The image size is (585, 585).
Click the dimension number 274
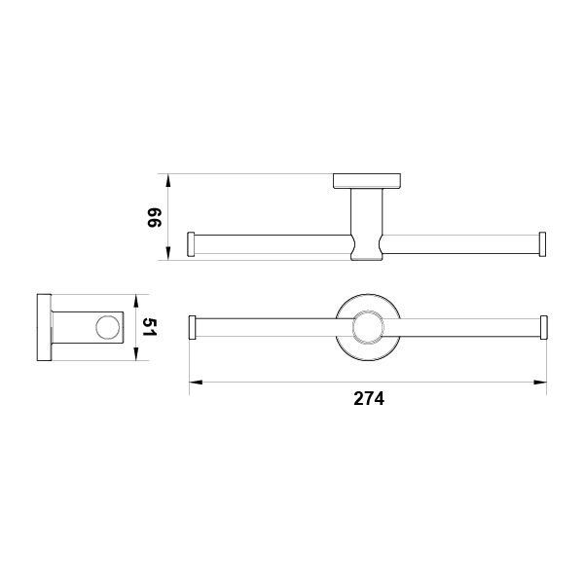pyautogui.click(x=369, y=398)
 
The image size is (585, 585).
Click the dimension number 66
pyautogui.click(x=154, y=217)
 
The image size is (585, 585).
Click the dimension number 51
pyautogui.click(x=150, y=326)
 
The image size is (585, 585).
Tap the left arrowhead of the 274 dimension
pyautogui.click(x=196, y=382)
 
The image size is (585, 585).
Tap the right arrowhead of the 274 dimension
pyautogui.click(x=540, y=382)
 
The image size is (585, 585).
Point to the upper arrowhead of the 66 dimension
pyautogui.click(x=167, y=181)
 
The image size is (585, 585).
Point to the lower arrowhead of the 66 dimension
pyautogui.click(x=167, y=253)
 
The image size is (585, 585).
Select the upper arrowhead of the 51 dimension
pyautogui.click(x=136, y=302)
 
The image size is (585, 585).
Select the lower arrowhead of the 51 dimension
pyautogui.click(x=136, y=353)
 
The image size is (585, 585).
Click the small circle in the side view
pyautogui.click(x=108, y=328)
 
